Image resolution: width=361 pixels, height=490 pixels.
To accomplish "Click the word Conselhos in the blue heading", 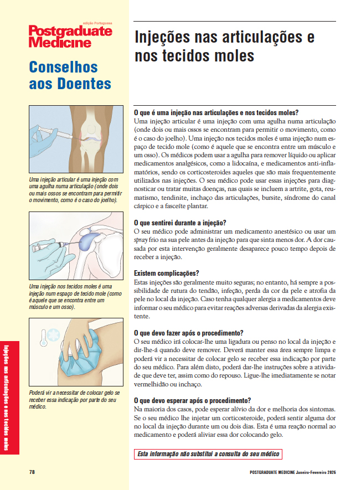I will [x=63, y=68].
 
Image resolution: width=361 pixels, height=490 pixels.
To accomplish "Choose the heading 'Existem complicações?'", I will [x=167, y=274].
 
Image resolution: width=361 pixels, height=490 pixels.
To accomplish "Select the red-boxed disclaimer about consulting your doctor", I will [x=208, y=455].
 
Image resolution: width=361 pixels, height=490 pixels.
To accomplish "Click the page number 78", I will [x=32, y=472].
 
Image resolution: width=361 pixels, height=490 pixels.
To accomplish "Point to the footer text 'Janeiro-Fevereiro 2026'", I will [x=315, y=472].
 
